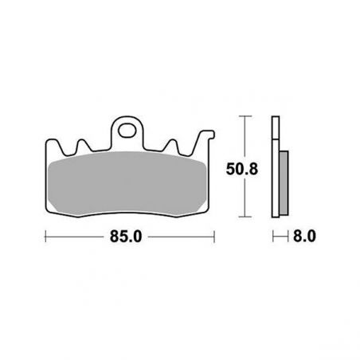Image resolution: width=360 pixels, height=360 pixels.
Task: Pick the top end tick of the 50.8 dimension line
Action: click(244, 117)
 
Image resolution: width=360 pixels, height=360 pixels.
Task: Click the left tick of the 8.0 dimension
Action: click(273, 237)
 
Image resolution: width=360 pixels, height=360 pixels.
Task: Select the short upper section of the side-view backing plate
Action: click(276, 131)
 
